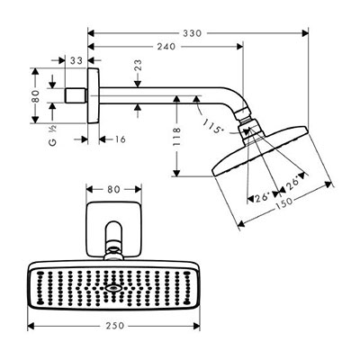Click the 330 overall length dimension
point(193,33)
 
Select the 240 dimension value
point(166,47)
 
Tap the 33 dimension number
point(76,60)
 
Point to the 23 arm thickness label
point(138,66)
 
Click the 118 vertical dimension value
point(177,137)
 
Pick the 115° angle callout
point(213,126)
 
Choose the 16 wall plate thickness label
point(120,139)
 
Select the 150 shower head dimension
point(283,202)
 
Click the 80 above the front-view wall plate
point(113,189)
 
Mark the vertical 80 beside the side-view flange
point(35,96)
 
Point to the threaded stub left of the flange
point(76,95)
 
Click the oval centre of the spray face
point(113,288)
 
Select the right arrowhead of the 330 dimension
point(305,33)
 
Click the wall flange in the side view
point(93,95)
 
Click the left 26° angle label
point(263,198)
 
